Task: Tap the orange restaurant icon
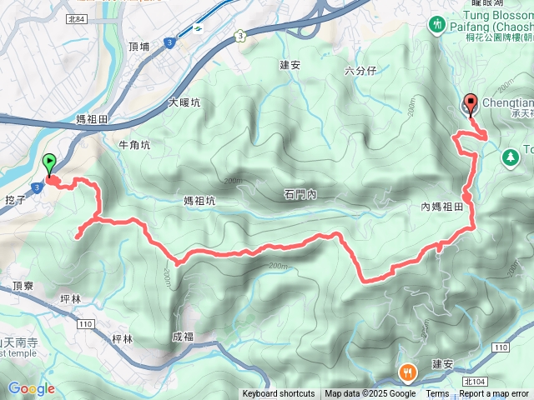[x=408, y=372]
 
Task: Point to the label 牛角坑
[x=134, y=145]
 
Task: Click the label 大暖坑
[x=184, y=103]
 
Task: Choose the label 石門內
[x=300, y=194]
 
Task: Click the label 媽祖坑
[x=199, y=200]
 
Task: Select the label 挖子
[x=17, y=201]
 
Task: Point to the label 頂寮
[x=23, y=285]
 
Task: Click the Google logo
[x=31, y=388]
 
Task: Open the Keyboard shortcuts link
[x=279, y=394]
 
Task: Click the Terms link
[x=437, y=394]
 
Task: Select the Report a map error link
[x=495, y=394]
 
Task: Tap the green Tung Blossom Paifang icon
[x=437, y=26]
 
